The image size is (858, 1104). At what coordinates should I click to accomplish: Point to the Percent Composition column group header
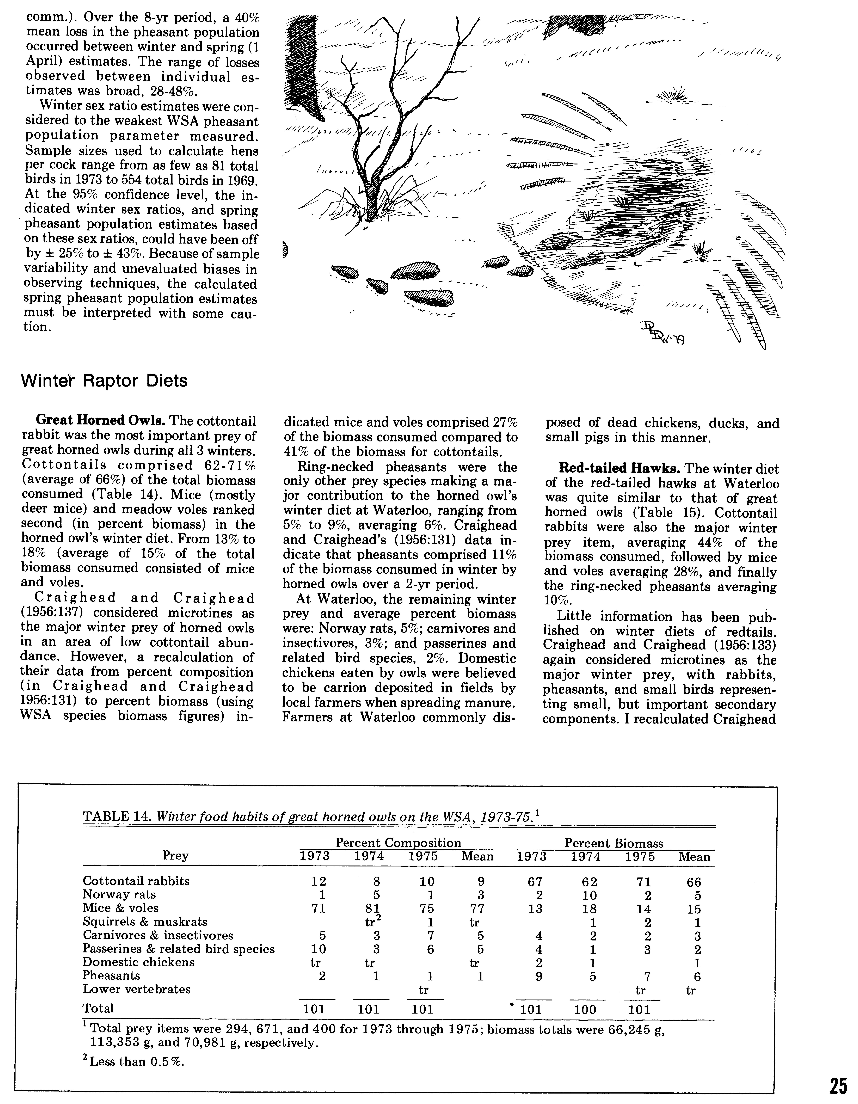[398, 843]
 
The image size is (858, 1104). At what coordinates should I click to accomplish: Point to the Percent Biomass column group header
[613, 843]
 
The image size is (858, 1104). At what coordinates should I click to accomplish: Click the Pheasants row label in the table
[111, 976]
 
